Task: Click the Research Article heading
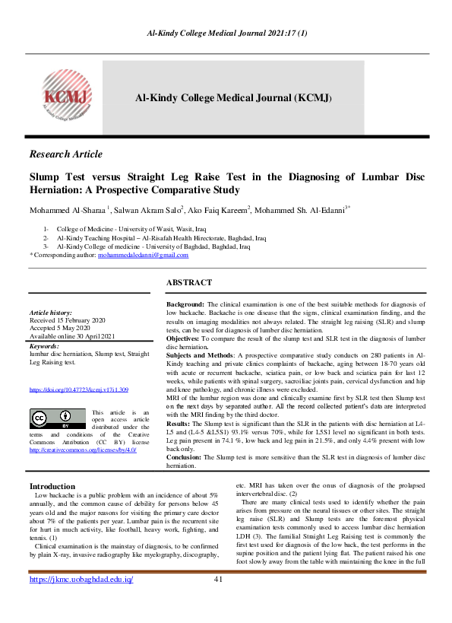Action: [x=65, y=154]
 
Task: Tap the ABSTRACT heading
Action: [x=189, y=282]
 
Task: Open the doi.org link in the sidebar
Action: [x=78, y=389]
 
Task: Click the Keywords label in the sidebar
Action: [x=44, y=346]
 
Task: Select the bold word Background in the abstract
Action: [x=185, y=303]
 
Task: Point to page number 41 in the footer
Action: [x=218, y=601]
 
